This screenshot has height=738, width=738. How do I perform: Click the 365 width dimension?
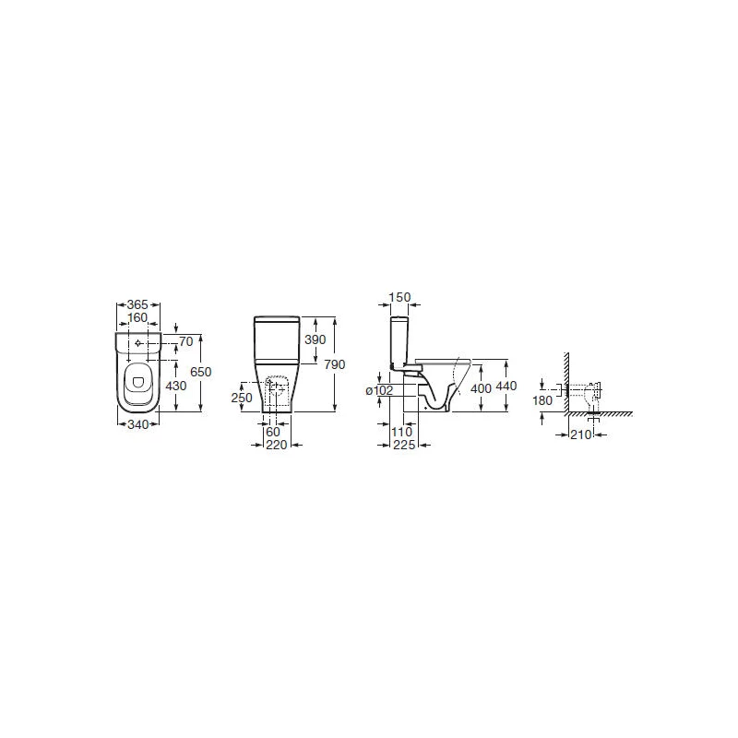pos(137,304)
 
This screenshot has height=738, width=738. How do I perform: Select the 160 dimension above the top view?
pos(137,317)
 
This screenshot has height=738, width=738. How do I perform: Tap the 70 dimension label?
pos(186,341)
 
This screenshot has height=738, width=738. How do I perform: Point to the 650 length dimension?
pos(201,372)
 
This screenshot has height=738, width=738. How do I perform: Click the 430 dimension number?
pos(176,386)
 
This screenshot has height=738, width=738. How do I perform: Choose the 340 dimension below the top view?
pos(137,424)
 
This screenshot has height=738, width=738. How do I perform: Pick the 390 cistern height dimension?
pos(315,339)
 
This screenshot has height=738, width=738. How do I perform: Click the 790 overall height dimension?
pos(335,364)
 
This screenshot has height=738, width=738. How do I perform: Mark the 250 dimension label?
pos(242,398)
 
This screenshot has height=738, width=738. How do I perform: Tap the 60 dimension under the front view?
pos(273,432)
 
